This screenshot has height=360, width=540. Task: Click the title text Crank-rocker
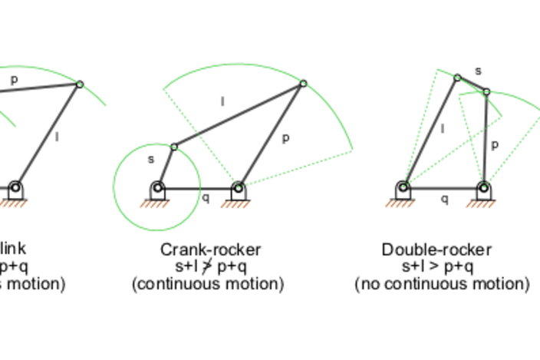pos(210,249)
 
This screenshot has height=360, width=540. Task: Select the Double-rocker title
pos(436,249)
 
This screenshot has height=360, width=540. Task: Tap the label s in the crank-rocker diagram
pos(151,159)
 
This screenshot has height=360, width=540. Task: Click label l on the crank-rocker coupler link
pos(223,101)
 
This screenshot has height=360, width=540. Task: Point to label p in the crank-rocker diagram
pos(285,138)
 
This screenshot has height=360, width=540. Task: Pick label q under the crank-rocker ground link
pos(205,197)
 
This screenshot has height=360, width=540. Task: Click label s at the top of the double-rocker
pos(478,71)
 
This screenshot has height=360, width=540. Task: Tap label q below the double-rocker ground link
pos(444,198)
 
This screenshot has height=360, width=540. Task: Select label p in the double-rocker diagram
pos(495,144)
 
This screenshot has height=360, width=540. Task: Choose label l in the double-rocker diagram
pos(442,128)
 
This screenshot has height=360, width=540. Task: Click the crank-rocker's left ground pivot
pos(157,187)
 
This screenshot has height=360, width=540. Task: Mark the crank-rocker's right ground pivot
pos(239,187)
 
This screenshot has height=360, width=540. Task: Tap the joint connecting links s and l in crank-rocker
pos(174,147)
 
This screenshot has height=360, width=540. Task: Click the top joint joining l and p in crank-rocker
pos(304,84)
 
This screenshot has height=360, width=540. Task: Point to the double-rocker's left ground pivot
pos(403,187)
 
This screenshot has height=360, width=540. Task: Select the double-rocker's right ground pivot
pos(483,187)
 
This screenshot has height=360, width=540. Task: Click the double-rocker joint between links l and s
pos(457,78)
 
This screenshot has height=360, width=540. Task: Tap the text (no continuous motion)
pos(442,284)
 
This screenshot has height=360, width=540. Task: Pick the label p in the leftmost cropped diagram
pos(13,78)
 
